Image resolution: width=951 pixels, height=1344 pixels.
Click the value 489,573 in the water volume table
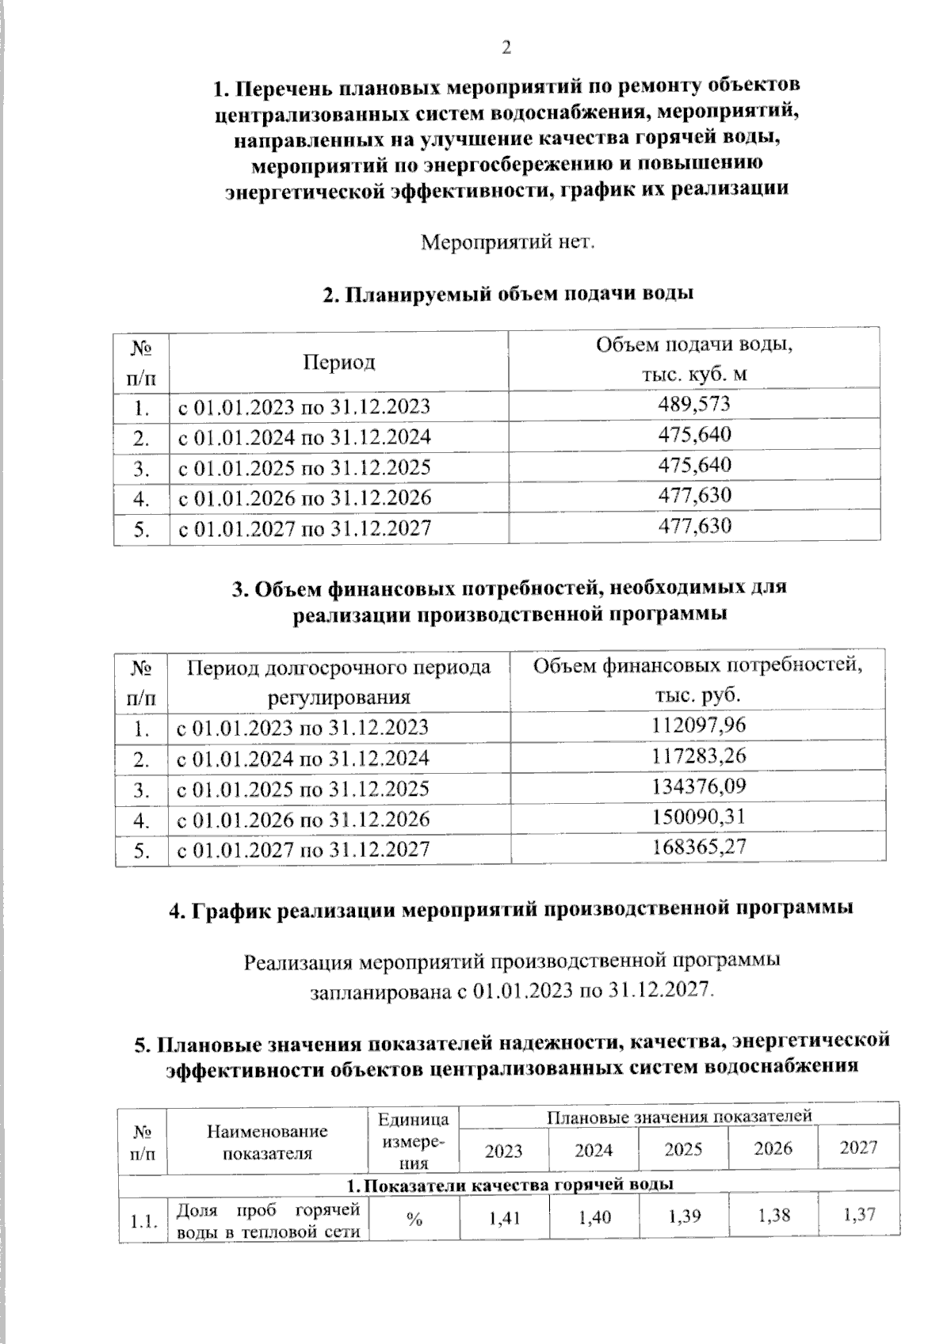[x=694, y=405]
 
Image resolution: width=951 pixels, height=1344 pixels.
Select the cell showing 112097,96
[x=698, y=725]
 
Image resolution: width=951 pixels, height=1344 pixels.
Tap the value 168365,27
[x=698, y=847]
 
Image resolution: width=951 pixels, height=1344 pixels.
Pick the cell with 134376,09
[x=698, y=786]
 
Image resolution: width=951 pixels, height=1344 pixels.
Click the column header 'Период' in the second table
[x=338, y=362]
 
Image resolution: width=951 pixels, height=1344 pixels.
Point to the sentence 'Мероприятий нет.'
[x=506, y=241]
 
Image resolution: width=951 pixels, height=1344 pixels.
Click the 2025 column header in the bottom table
[x=683, y=1148]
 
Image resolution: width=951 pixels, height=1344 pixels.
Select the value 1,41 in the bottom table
[x=504, y=1217]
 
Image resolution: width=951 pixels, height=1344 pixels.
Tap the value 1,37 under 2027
[x=860, y=1214]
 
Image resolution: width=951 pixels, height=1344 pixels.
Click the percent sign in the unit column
[x=414, y=1220]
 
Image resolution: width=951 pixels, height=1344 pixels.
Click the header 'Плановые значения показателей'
[x=679, y=1116]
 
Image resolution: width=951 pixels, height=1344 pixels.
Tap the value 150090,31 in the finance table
[x=698, y=817]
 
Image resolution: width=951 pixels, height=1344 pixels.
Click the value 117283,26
[x=698, y=756]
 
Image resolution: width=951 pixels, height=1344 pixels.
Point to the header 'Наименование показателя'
[x=267, y=1141]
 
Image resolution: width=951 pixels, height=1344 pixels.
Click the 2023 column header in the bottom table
[x=504, y=1150]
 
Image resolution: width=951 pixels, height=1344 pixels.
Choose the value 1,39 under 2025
[x=683, y=1216]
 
